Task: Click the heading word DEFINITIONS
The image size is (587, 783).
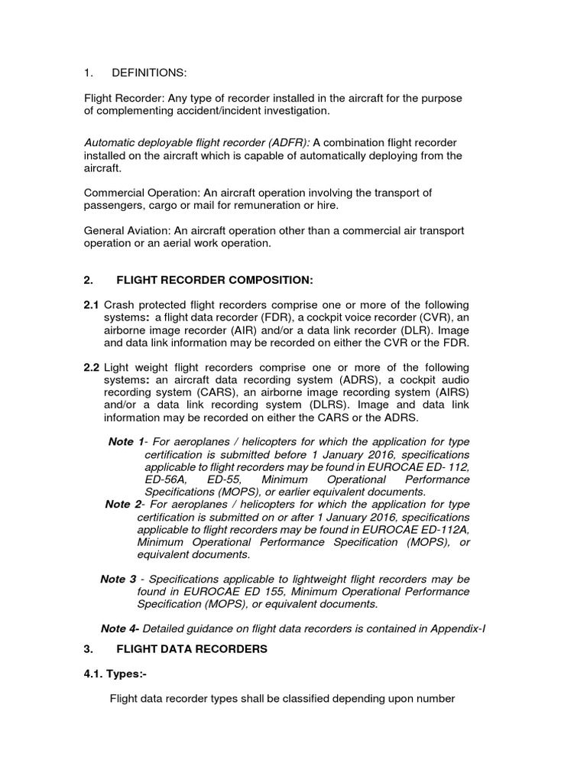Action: click(149, 73)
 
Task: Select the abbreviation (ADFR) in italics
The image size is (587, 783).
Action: click(287, 142)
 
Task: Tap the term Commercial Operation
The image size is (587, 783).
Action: click(135, 192)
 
